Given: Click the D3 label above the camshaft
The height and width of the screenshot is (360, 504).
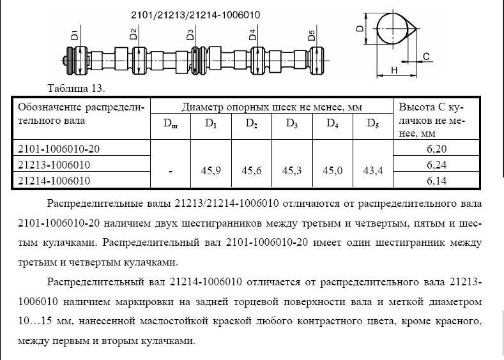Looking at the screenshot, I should (190, 35).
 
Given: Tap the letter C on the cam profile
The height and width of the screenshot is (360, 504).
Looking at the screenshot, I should (425, 57).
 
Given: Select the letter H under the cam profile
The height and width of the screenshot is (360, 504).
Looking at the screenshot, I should (394, 70).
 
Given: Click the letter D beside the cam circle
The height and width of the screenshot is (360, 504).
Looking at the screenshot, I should (360, 29).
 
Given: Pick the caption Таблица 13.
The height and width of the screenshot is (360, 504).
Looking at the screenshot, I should (76, 87).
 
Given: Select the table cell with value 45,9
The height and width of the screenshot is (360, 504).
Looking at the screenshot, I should (211, 171).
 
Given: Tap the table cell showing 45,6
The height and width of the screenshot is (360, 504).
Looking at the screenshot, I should (252, 171).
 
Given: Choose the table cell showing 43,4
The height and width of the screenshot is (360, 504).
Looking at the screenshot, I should (373, 171).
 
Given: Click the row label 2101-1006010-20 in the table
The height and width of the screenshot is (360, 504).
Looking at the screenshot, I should (59, 149).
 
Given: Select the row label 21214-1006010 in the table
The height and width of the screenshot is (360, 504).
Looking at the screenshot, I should (54, 181).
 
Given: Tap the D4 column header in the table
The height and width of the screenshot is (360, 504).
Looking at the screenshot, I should (332, 124).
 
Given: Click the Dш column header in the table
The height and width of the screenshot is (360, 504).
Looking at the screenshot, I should (171, 124).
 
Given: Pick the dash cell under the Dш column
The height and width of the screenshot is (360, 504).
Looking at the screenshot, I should (171, 171).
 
